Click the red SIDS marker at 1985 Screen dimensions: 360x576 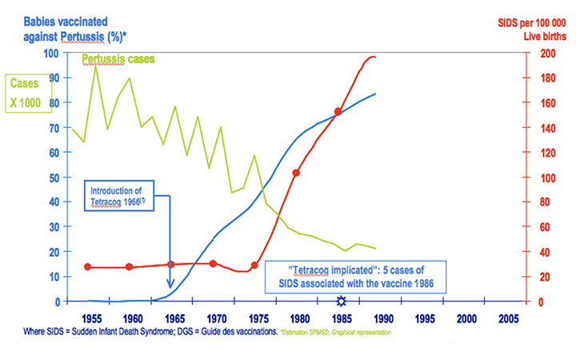[x=338, y=112]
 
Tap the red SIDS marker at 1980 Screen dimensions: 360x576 [x=296, y=173]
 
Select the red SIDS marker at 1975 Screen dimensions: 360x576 [x=255, y=266]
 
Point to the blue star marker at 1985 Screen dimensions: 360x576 [x=342, y=301]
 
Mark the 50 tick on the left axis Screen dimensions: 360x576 [x=55, y=178]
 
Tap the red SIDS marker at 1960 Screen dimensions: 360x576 [x=129, y=266]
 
